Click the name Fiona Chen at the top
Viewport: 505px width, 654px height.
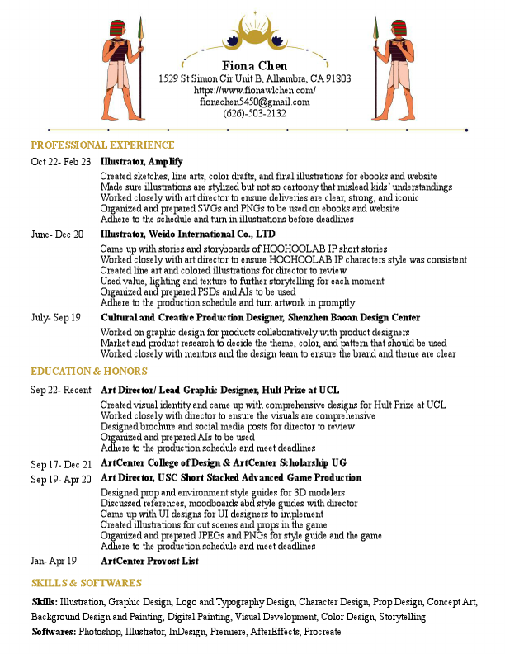pos(254,66)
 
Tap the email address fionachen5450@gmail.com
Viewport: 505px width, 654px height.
pos(254,102)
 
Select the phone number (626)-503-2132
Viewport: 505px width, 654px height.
pos(254,113)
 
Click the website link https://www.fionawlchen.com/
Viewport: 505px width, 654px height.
pos(254,90)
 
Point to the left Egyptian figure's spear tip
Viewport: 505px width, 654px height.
pos(139,24)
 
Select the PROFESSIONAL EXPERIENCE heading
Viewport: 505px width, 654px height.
pos(97,145)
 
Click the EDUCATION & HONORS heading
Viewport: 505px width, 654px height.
pos(88,372)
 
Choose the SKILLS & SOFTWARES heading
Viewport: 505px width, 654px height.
pos(86,583)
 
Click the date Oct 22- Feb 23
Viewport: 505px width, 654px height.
pos(61,162)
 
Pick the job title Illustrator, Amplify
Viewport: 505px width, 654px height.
pos(141,162)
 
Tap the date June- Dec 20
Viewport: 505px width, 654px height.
pos(57,235)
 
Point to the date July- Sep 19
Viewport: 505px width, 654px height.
pos(56,318)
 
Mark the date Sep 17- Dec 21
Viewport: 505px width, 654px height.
pos(61,465)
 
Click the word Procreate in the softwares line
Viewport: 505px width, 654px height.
pos(322,632)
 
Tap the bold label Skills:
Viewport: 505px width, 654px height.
pos(45,603)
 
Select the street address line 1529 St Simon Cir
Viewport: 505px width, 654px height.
pos(254,78)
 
